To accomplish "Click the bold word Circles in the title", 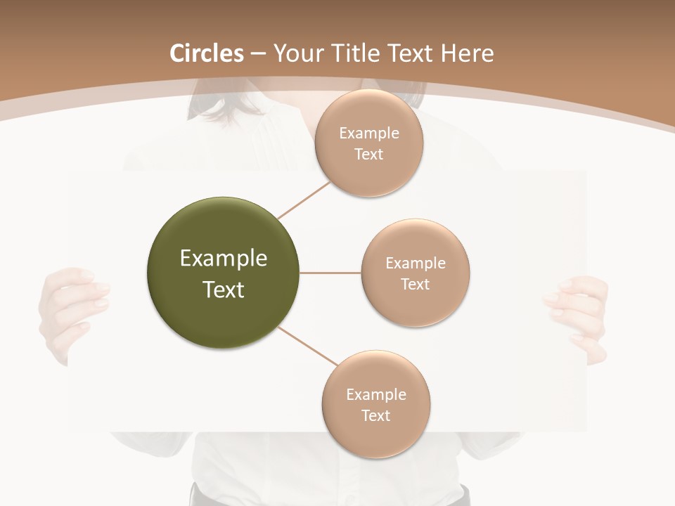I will click(207, 53).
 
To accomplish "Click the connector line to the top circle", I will click(304, 200).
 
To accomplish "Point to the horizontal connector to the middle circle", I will click(330, 273).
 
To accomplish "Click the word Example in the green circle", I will click(224, 259).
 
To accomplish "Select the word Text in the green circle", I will click(224, 290).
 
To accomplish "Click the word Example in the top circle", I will click(369, 134).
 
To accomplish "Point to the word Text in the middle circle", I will click(416, 284).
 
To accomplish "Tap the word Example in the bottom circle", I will click(376, 394).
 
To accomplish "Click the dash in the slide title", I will click(258, 54).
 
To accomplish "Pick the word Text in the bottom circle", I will click(376, 415).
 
